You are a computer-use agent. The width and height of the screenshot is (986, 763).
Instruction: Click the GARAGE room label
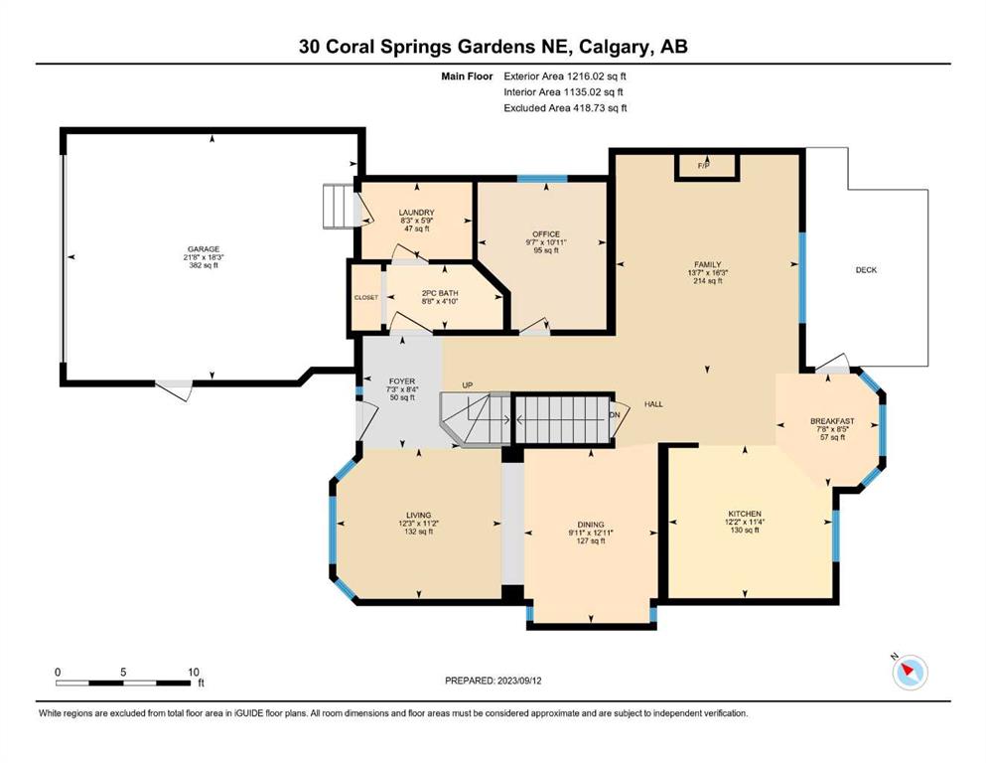(204, 249)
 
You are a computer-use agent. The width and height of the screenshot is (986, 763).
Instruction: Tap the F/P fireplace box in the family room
(706, 167)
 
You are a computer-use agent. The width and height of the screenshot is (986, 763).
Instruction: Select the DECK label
(866, 270)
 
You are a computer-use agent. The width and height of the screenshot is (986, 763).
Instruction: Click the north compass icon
(910, 673)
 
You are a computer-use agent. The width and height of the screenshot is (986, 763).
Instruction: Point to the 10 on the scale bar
(193, 672)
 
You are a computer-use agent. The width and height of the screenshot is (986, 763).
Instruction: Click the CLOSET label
(366, 297)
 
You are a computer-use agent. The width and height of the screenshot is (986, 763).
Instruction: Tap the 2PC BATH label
(440, 293)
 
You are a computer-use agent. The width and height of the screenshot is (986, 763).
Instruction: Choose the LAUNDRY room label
(416, 213)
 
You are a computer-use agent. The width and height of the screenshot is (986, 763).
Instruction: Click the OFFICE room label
(546, 234)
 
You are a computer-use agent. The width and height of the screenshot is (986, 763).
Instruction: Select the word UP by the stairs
(468, 384)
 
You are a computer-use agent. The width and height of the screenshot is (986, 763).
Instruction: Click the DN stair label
(615, 415)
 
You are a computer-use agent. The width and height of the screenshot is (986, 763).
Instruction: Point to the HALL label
(653, 403)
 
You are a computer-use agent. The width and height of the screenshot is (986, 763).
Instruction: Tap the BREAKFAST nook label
(832, 421)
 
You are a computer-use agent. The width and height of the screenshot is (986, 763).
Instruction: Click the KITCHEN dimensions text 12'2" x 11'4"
(745, 522)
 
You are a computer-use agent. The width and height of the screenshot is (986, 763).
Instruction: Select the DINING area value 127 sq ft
(591, 540)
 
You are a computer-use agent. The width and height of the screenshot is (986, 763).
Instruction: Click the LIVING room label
(418, 515)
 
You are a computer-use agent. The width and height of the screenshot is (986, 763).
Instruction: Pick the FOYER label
(402, 381)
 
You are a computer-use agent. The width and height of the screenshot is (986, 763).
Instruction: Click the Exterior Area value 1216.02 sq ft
(597, 76)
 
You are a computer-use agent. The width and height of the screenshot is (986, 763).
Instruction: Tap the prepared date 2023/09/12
(519, 681)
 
